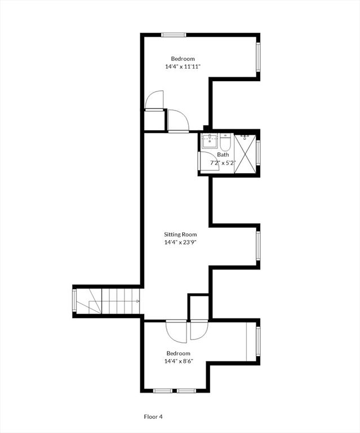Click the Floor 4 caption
tap(153, 417)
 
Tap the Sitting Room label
tap(180, 235)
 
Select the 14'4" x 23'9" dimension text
tap(180, 243)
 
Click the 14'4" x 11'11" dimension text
tap(183, 67)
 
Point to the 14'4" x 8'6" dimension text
tap(179, 361)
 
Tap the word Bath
tap(224, 155)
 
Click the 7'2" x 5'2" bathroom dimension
tap(223, 163)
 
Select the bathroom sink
tap(210, 140)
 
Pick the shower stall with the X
tap(245, 153)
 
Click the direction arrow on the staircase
tap(137, 301)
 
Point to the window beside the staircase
tap(74, 301)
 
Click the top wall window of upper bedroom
tap(174, 35)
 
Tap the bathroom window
tap(258, 153)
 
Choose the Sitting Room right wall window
tap(258, 246)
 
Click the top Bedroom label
tap(183, 59)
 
